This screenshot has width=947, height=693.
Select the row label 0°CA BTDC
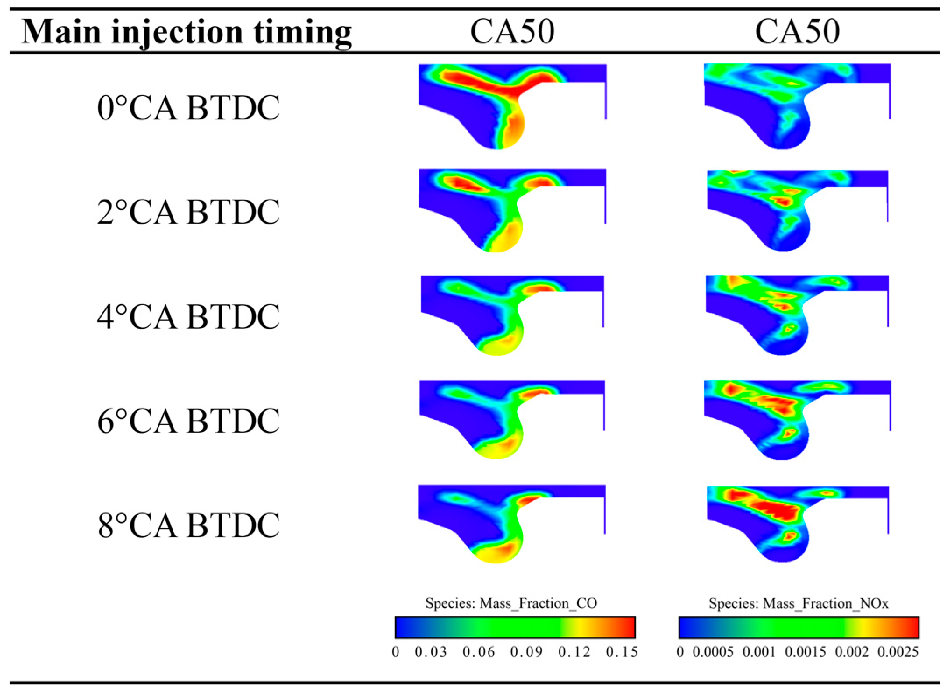coord(188,108)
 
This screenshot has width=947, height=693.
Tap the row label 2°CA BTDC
coord(188,212)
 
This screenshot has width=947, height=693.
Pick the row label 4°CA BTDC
coord(188,316)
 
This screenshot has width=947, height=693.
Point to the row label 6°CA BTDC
coord(188,421)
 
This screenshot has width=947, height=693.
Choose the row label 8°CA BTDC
coord(188,525)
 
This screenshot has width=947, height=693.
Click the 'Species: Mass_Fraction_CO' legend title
coord(511,604)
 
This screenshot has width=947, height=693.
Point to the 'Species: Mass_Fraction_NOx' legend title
coord(798,604)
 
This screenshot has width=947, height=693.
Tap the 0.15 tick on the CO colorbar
coord(621,652)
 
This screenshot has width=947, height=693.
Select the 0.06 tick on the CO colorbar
coord(478,652)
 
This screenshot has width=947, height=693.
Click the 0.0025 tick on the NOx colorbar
coord(898,652)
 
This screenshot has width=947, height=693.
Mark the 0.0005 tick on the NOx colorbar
coord(713,652)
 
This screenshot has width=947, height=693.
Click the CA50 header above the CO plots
coord(512,32)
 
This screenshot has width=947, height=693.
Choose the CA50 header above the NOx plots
coord(797,32)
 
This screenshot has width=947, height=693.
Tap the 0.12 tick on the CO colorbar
coord(574,652)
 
